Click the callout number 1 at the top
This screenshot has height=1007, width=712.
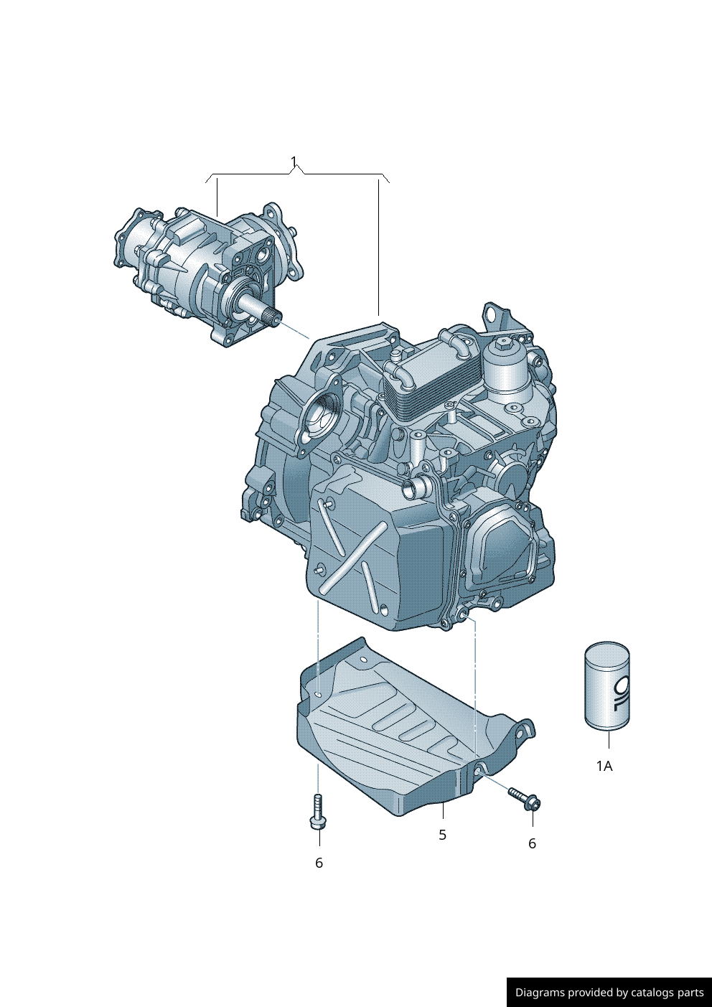click(294, 161)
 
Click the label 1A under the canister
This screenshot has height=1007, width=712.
click(604, 766)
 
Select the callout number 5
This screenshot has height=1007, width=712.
click(443, 835)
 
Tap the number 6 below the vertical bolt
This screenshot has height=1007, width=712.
click(319, 863)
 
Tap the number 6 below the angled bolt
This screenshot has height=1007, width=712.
click(533, 843)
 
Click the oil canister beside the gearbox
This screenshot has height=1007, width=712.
click(606, 685)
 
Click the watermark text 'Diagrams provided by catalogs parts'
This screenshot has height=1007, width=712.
click(609, 993)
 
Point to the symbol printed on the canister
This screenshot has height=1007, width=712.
click(622, 690)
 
